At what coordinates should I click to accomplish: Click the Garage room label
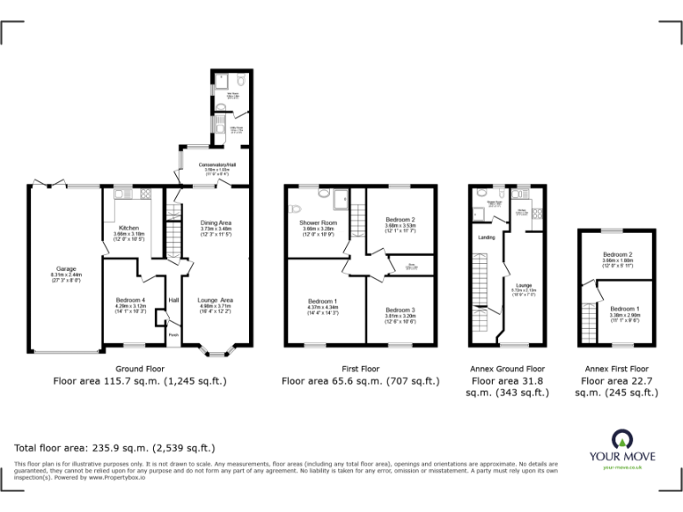(x=66, y=268)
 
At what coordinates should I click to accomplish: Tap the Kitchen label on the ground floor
(x=129, y=228)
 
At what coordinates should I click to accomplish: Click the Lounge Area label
(x=215, y=300)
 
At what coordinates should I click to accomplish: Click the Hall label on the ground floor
(x=174, y=300)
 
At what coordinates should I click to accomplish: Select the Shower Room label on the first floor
(x=317, y=222)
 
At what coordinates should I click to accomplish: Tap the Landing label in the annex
(x=486, y=237)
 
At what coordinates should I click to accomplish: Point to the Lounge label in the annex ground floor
(x=523, y=286)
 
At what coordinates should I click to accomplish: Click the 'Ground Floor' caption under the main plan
(x=141, y=368)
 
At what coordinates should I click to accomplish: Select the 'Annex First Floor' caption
(x=616, y=368)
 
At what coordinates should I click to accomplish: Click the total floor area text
(x=115, y=447)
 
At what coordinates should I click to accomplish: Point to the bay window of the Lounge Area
(x=216, y=351)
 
